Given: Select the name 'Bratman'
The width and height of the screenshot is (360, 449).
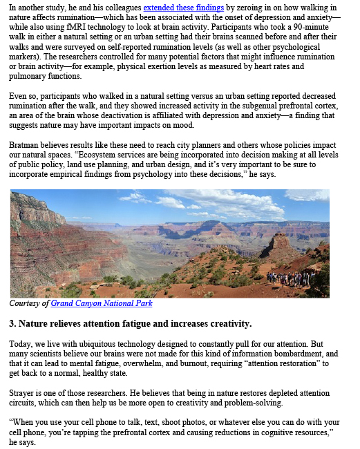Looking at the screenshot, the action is click(x=25, y=144).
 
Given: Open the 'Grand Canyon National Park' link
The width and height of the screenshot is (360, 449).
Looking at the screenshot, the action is click(x=101, y=303).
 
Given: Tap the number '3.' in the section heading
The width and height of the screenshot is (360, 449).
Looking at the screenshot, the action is click(x=13, y=323).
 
